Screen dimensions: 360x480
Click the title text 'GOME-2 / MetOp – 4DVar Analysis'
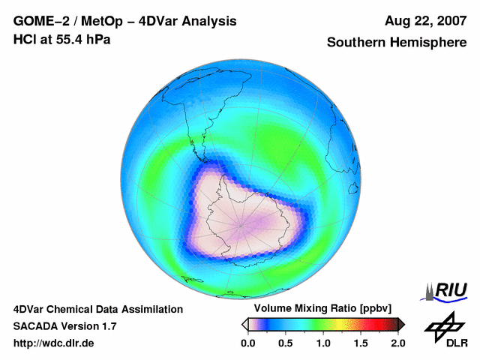click(x=125, y=21)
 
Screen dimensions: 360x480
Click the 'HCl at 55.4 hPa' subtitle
click(x=62, y=39)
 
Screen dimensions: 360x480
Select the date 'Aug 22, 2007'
click(x=423, y=21)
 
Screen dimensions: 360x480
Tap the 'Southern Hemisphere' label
click(x=396, y=43)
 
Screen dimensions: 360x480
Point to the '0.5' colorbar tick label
click(x=285, y=343)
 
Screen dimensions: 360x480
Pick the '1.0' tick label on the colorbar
click(x=322, y=343)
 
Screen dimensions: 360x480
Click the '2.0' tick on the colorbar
click(x=397, y=343)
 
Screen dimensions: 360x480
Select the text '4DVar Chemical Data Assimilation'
click(x=97, y=309)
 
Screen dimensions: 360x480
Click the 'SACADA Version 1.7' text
click(x=64, y=326)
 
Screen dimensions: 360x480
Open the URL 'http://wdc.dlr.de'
click(x=54, y=343)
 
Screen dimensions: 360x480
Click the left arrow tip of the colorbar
click(x=244, y=324)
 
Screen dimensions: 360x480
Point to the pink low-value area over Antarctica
click(x=247, y=225)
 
